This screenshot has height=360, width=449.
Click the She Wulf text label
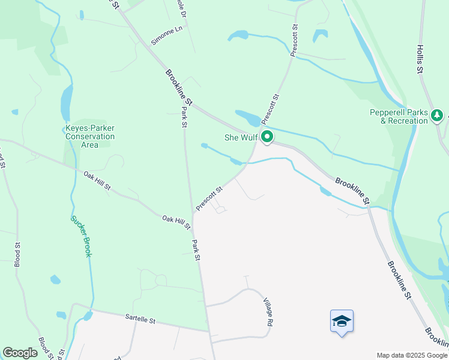point(241,137)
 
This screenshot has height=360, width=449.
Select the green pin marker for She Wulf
point(267,137)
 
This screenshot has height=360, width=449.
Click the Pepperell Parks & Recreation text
point(399,116)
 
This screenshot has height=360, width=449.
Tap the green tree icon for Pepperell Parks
point(438,114)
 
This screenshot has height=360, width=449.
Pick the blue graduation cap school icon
point(342,321)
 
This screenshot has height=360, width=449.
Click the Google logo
point(20,353)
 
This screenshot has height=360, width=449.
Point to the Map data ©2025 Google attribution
point(411,355)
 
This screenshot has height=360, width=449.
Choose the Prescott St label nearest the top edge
point(295,40)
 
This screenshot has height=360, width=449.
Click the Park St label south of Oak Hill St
point(196,250)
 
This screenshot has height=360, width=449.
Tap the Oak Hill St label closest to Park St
point(176,222)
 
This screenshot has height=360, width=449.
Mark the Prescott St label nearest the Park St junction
point(209,197)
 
